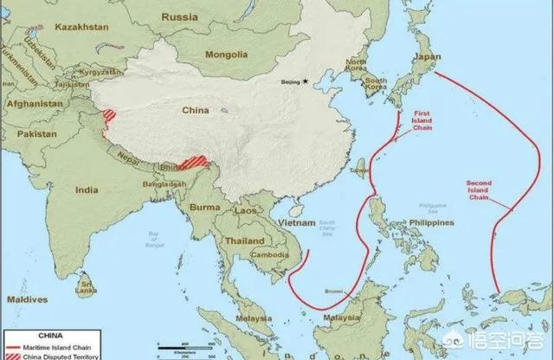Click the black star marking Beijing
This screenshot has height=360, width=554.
(305, 82)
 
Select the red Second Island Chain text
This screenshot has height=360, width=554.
(484, 189)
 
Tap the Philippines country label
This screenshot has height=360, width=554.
(427, 222)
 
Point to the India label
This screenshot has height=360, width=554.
(87, 189)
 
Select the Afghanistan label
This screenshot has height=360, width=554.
(31, 101)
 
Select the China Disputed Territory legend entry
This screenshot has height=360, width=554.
(69, 356)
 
